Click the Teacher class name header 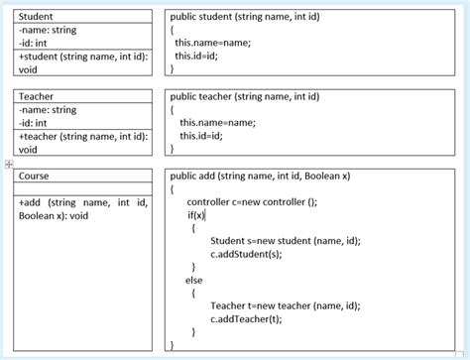[37, 96]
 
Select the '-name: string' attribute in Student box [48, 30]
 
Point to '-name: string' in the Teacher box [48, 109]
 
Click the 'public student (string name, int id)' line [245, 17]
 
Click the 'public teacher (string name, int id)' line [245, 96]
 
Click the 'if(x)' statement [195, 214]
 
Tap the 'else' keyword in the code [194, 280]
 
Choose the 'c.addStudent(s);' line [246, 254]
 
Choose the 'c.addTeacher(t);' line [247, 319]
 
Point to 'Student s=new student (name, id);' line [286, 241]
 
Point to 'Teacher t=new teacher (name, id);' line [286, 306]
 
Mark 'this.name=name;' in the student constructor [212, 43]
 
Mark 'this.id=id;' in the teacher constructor [201, 136]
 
